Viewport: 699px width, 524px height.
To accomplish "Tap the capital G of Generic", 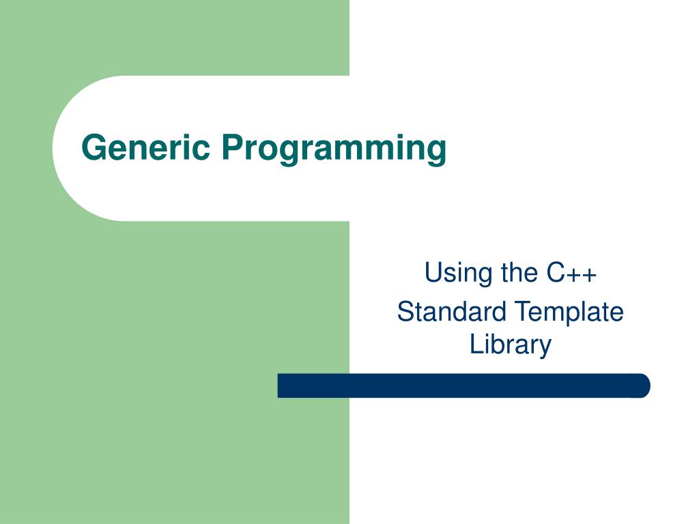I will (93, 147).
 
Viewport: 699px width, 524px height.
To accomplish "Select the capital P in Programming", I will (230, 147).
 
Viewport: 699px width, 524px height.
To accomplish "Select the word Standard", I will (451, 312).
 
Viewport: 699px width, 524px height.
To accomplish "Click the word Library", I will (510, 345).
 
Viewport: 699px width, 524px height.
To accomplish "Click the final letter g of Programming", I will (436, 151).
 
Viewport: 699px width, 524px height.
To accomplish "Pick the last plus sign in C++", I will (589, 274).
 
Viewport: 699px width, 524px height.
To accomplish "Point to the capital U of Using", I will (431, 272).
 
